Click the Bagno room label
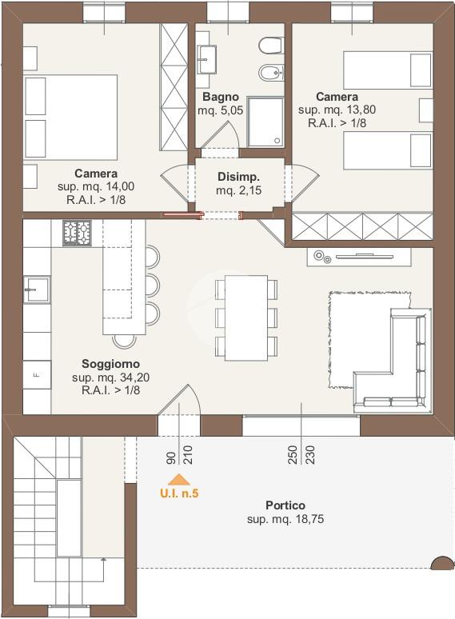pos(221,97)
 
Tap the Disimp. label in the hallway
pos(239,177)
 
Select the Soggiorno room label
pos(110,364)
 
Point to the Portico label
pos(285,505)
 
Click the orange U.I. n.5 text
pos(179,493)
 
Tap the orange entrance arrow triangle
pos(179,479)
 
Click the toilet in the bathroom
pos(272,46)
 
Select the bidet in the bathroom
pos(272,73)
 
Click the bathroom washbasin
pos(207,60)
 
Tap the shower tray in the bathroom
pos(265,122)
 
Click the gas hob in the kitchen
pos(77,233)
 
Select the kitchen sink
pos(37,290)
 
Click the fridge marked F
pos(37,374)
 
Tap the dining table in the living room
pos(246,318)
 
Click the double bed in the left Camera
pos(71,118)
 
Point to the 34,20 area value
pos(135,377)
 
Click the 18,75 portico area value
pos(309,519)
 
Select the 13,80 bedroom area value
pos(361,110)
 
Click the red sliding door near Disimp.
pos(182,214)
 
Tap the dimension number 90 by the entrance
pos(171,457)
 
